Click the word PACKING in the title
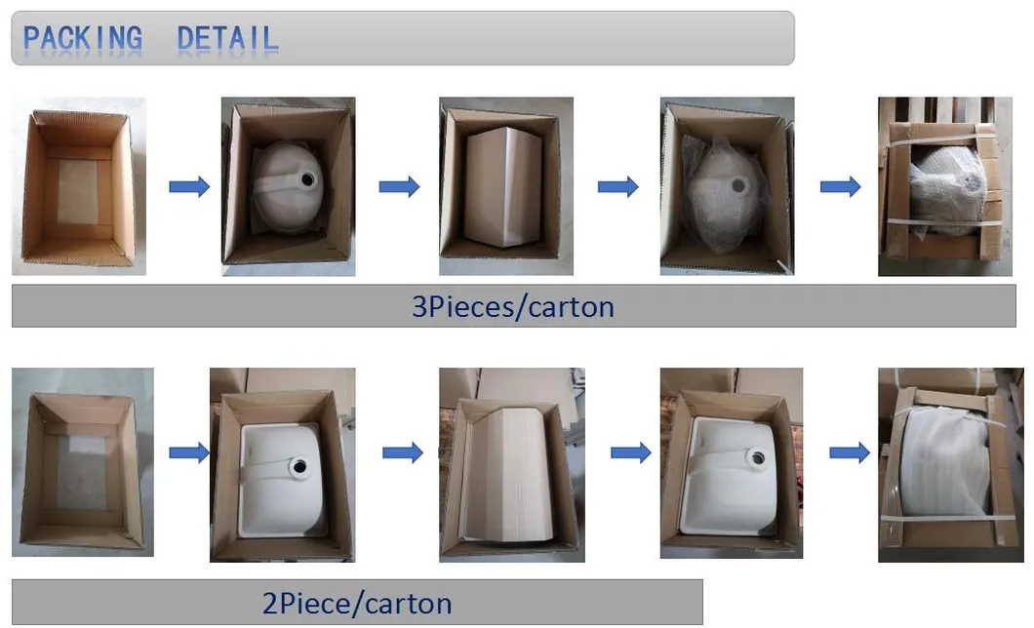pyautogui.click(x=83, y=38)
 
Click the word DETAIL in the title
pyautogui.click(x=227, y=38)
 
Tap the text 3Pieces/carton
pyautogui.click(x=513, y=307)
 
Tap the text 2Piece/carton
pyautogui.click(x=357, y=604)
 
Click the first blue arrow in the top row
pyautogui.click(x=189, y=187)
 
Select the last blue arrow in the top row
pyautogui.click(x=840, y=187)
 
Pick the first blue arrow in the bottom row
pyautogui.click(x=189, y=452)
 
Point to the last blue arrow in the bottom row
pyautogui.click(x=850, y=452)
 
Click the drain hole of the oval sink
pyautogui.click(x=307, y=179)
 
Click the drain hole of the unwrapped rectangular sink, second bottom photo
pyautogui.click(x=299, y=466)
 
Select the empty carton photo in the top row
pyautogui.click(x=78, y=186)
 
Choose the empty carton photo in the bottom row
pyautogui.click(x=83, y=462)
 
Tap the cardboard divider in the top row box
pyautogui.click(x=503, y=186)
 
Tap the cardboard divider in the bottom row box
pyautogui.click(x=509, y=473)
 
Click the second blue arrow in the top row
pyautogui.click(x=399, y=187)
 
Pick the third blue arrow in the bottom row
pyautogui.click(x=631, y=452)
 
